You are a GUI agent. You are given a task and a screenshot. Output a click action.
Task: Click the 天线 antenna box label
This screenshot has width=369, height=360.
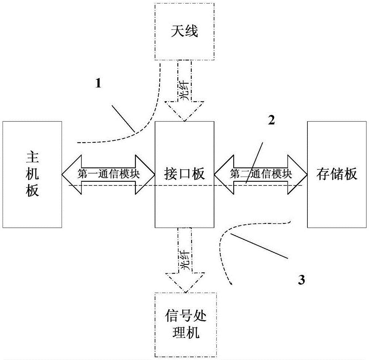coord(184,31)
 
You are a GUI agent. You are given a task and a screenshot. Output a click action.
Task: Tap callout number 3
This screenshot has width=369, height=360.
coord(301,280)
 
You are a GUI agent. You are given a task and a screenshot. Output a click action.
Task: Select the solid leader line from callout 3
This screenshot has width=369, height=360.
coord(258,246)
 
